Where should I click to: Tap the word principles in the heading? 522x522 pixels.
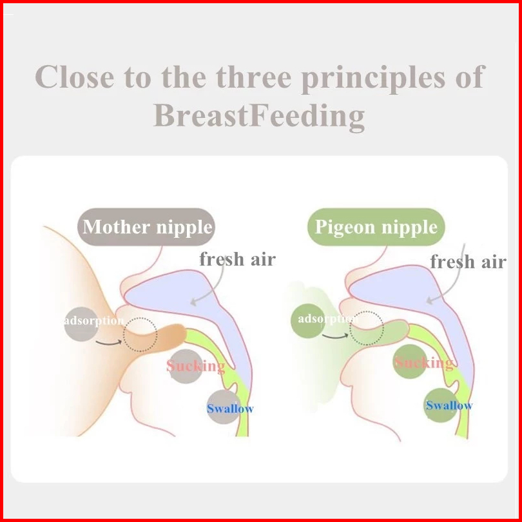coord(373,78)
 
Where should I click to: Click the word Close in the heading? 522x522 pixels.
coord(75,77)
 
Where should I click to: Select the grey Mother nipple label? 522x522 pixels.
coord(146,227)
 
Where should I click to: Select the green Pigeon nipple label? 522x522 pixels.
coord(376,227)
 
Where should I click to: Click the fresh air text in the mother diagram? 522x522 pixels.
coord(237,259)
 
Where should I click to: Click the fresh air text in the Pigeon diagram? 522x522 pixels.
coord(468,262)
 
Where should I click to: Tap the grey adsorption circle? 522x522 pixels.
coord(81,324)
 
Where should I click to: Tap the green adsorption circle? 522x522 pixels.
coord(308,320)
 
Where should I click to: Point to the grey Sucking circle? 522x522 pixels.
coord(186,366)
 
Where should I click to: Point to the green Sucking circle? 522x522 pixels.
coord(410,362)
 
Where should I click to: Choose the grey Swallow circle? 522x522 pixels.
coord(224,407)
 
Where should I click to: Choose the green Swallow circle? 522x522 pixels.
coord(441,405)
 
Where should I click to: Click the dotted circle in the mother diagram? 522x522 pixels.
coord(140,318)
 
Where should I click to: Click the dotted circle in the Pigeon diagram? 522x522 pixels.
coord(367,312)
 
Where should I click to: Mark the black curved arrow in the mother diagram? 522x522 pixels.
coord(108,343)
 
